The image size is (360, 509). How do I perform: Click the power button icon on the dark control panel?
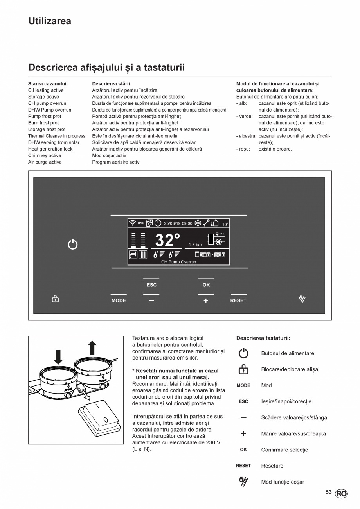tap(73, 245)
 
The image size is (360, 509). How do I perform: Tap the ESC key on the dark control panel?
tap(151, 285)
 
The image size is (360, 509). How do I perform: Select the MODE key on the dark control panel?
tap(119, 300)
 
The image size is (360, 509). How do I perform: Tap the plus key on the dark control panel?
tap(206, 300)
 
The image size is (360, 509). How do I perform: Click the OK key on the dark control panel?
tap(206, 285)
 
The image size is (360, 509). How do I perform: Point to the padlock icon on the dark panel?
tap(56, 299)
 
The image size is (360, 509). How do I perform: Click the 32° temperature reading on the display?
tap(167, 240)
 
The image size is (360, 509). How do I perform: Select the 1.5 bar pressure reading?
tap(195, 245)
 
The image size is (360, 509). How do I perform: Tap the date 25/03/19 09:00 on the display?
tap(178, 223)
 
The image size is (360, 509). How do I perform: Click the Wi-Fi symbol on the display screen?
tap(133, 223)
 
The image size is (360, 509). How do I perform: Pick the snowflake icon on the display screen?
tap(198, 223)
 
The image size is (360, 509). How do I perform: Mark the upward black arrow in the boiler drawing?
tap(92, 348)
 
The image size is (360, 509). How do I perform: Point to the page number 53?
tap(329, 492)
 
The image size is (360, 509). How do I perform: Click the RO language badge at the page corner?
tap(341, 494)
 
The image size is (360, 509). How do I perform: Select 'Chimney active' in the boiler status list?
tap(45, 156)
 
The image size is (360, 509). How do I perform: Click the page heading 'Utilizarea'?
tap(50, 21)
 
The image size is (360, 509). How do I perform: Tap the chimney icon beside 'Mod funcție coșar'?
tap(243, 482)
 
